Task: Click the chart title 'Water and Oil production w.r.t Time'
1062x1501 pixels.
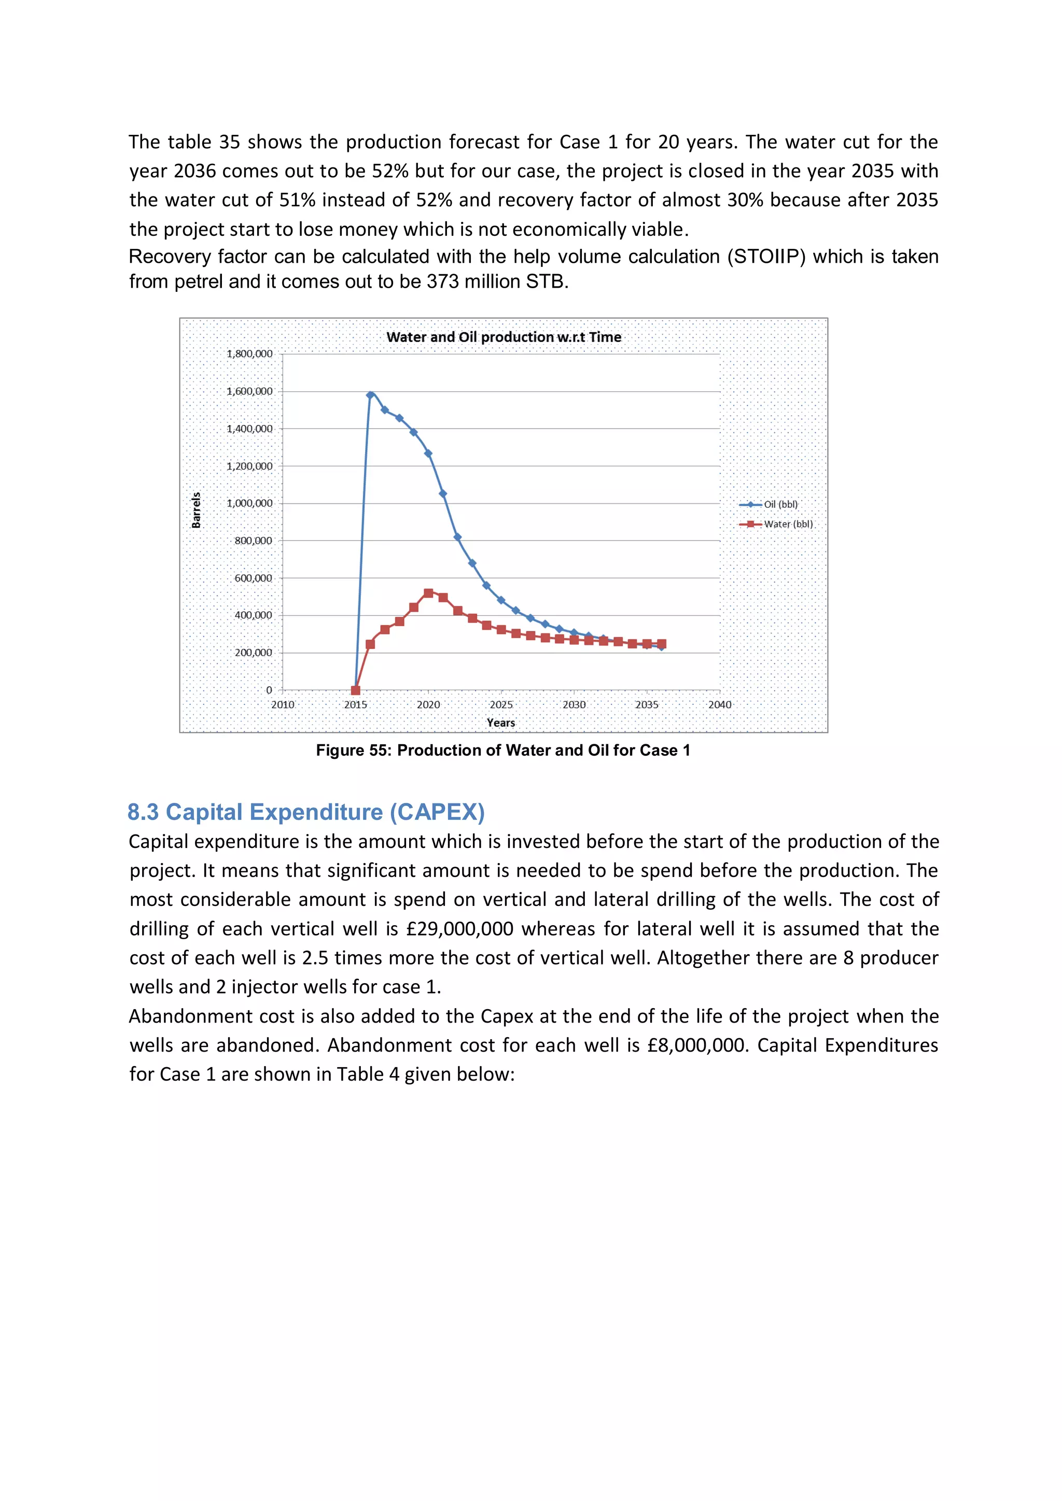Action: tap(504, 337)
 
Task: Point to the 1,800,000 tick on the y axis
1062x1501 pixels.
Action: tap(249, 353)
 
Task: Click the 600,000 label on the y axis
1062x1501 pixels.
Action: tap(253, 578)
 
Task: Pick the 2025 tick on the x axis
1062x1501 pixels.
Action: tap(501, 704)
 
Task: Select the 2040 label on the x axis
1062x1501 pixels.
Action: tap(719, 704)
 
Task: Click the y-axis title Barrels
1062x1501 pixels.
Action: tap(196, 510)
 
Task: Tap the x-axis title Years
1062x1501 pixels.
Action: tap(500, 723)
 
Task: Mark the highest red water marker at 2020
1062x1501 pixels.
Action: tap(428, 593)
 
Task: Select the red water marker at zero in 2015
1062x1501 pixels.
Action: tap(356, 690)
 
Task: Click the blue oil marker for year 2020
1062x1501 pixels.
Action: tap(428, 453)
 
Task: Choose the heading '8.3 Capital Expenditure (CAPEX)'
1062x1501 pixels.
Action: tap(306, 812)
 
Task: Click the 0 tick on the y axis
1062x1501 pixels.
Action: tap(269, 690)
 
